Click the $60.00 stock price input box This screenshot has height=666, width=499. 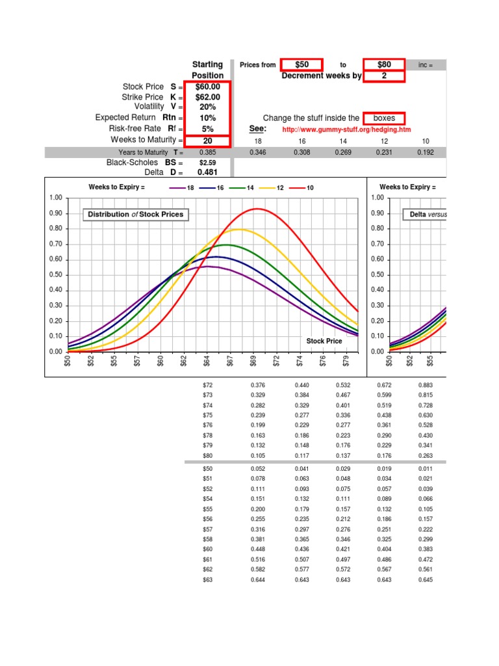(x=208, y=87)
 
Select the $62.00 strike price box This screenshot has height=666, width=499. (x=208, y=97)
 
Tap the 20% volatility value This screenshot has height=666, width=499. (x=208, y=107)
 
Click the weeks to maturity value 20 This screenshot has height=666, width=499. (x=208, y=140)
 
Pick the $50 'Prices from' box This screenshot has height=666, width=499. (x=301, y=64)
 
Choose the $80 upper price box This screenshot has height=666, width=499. (x=383, y=64)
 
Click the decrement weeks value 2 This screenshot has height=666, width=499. (x=383, y=76)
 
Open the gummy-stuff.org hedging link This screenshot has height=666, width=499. (x=346, y=129)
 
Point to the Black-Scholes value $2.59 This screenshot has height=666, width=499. (x=207, y=163)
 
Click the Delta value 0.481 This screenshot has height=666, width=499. (x=207, y=172)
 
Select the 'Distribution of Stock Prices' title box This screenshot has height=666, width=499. (x=135, y=215)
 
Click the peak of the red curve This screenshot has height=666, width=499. (x=257, y=209)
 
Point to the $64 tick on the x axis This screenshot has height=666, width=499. (x=207, y=361)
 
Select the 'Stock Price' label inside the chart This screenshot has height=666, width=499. (x=324, y=341)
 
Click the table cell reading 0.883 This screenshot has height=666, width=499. (x=426, y=385)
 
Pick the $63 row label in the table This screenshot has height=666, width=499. (x=207, y=579)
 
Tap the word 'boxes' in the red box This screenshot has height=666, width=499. (x=384, y=118)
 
